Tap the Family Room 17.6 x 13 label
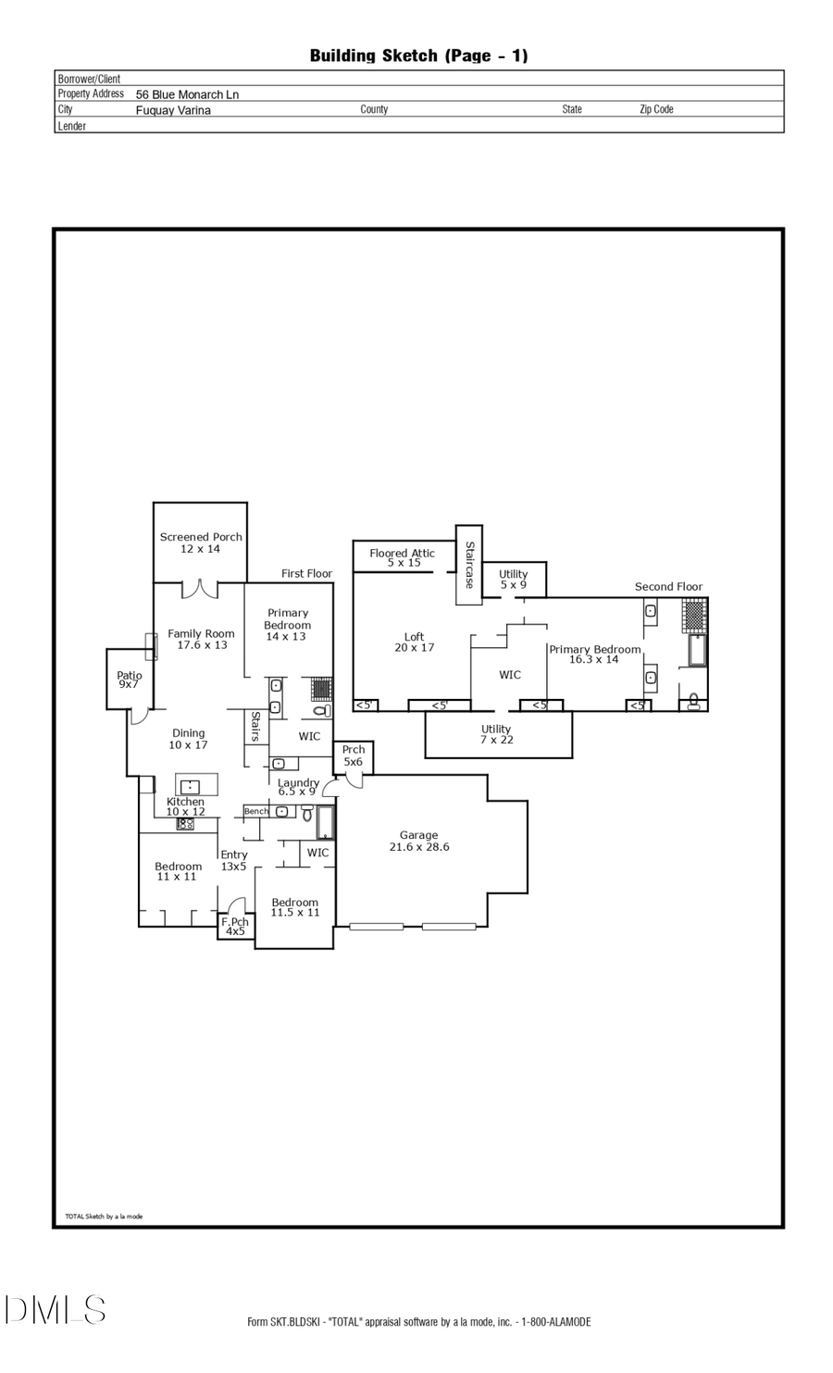(x=201, y=640)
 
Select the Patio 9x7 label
(x=129, y=680)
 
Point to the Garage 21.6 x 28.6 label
(x=419, y=841)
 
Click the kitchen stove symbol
(x=185, y=823)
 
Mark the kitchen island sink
(x=189, y=787)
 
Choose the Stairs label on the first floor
(x=255, y=726)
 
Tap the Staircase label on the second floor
(x=469, y=565)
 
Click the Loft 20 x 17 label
(x=414, y=642)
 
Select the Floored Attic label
(x=403, y=557)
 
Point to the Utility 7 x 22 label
(x=496, y=735)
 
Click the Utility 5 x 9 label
(x=514, y=580)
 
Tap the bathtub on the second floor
(x=697, y=651)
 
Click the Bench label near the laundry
(x=256, y=811)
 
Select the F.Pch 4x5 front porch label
(x=235, y=927)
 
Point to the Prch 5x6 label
(x=354, y=755)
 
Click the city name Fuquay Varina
(x=173, y=110)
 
